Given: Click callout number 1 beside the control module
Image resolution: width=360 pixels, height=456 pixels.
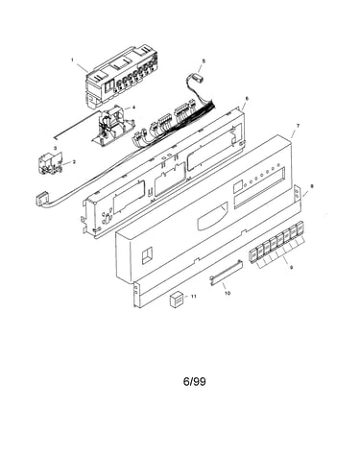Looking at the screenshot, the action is click(x=72, y=60).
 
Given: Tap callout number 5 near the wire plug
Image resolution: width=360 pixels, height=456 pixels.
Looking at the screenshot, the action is click(x=204, y=60).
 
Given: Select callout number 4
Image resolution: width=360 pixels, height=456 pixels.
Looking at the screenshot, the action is click(x=133, y=108).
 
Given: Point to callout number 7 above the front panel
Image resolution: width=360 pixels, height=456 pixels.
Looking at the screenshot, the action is click(x=299, y=126).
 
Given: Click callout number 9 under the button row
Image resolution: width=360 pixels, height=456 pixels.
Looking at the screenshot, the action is click(x=291, y=268).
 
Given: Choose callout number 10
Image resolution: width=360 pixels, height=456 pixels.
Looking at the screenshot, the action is click(x=228, y=293).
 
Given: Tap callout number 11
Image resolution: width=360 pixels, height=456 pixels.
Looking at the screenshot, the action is click(x=193, y=297).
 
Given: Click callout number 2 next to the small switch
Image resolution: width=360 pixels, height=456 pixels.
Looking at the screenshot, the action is click(x=74, y=162).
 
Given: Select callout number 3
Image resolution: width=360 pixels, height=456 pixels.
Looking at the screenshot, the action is click(x=55, y=148).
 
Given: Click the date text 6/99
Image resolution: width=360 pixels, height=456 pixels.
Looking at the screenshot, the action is click(x=195, y=381).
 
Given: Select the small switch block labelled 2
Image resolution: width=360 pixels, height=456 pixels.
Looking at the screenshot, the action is click(x=50, y=165).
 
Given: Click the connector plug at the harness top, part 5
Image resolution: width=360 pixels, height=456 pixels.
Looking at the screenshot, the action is click(x=199, y=78).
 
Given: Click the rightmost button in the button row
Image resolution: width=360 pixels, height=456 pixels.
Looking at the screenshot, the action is click(x=300, y=228).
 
